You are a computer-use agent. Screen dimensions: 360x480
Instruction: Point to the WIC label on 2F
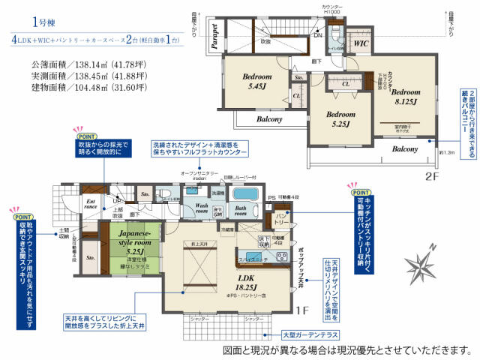pos(360,44)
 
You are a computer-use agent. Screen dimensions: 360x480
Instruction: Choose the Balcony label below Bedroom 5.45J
pos(247,119)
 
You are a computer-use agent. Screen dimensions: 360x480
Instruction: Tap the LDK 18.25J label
pos(247,281)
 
